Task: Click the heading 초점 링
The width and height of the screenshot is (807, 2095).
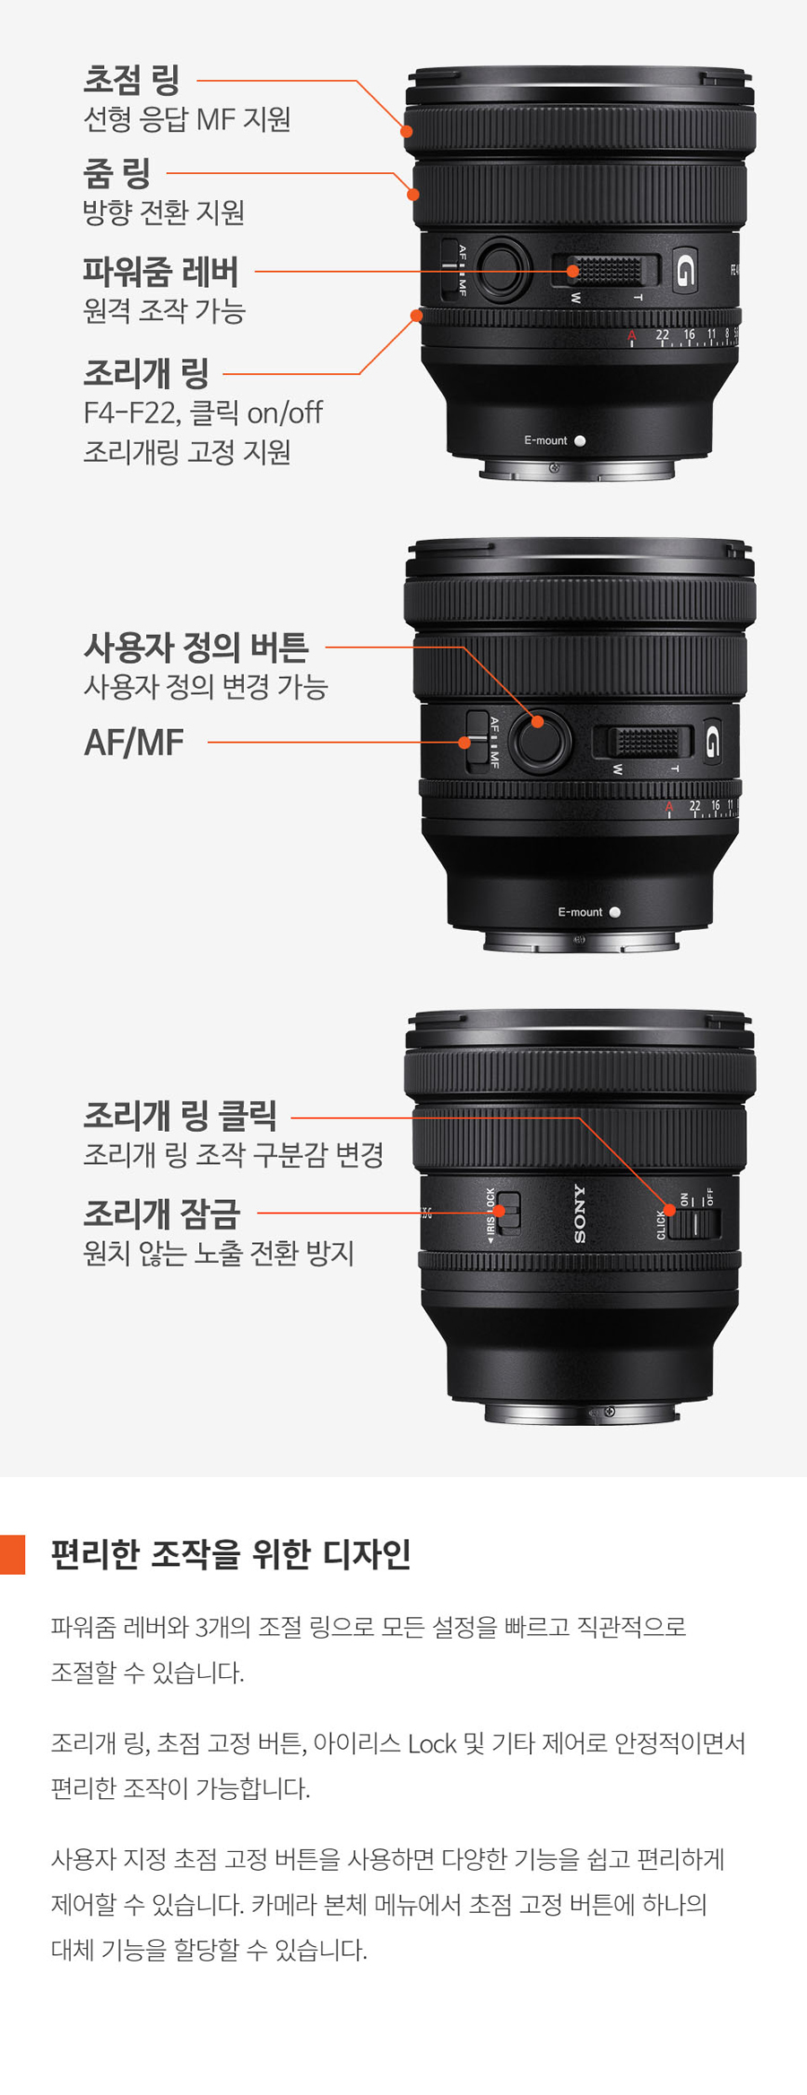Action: pos(132,80)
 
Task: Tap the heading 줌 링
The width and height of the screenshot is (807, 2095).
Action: pos(117,173)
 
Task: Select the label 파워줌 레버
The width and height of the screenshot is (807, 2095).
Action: pos(161,271)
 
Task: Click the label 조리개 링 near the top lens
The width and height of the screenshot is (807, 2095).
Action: pos(146,373)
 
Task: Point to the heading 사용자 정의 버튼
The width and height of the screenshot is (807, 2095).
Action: pos(196,647)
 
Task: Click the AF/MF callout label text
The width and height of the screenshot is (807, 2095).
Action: pos(134,743)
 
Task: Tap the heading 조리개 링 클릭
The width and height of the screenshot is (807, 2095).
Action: pos(180,1116)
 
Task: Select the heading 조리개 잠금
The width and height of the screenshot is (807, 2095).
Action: pos(162,1213)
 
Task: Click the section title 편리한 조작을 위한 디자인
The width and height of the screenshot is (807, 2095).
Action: pos(230,1554)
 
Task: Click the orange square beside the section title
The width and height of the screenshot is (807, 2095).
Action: pos(13,1554)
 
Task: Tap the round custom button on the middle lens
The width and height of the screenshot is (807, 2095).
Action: pos(540,740)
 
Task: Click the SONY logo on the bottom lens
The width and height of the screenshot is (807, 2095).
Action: pos(579,1213)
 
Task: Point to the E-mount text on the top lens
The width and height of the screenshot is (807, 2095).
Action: pos(545,440)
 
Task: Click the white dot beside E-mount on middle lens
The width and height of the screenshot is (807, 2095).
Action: pos(614,912)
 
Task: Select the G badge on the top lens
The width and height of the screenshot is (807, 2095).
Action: pos(685,269)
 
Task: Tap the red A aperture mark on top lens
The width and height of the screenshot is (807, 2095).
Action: pos(631,336)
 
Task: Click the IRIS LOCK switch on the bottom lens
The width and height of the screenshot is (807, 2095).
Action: pos(508,1213)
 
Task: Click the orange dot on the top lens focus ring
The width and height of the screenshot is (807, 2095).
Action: pos(406,131)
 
